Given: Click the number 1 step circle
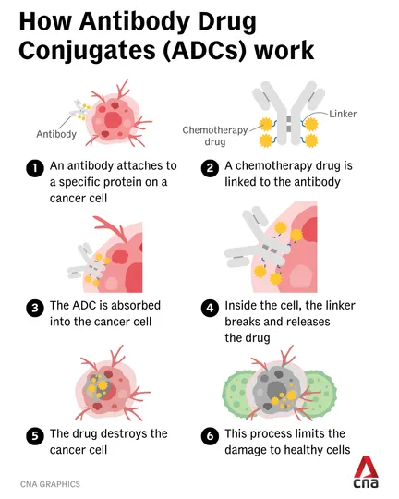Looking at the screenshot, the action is pyautogui.click(x=35, y=167).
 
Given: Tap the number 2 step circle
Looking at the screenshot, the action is pyautogui.click(x=210, y=167).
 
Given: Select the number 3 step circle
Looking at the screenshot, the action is pyautogui.click(x=35, y=308).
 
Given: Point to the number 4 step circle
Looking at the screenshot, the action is pyautogui.click(x=210, y=308).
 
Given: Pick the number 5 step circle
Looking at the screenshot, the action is pyautogui.click(x=35, y=435).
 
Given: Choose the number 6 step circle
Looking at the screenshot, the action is pyautogui.click(x=210, y=435).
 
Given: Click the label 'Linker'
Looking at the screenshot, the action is pyautogui.click(x=343, y=114).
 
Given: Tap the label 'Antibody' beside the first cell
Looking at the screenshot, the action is pyautogui.click(x=56, y=134).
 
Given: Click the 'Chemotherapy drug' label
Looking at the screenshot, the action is pyautogui.click(x=215, y=136).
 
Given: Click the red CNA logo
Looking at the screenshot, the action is pyautogui.click(x=366, y=472).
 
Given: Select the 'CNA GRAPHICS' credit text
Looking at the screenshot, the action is pyautogui.click(x=50, y=484).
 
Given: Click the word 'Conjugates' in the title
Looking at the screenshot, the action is pyautogui.click(x=87, y=51).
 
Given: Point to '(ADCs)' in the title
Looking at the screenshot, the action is pyautogui.click(x=205, y=51).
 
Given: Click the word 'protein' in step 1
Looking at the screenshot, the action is pyautogui.click(x=123, y=182).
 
